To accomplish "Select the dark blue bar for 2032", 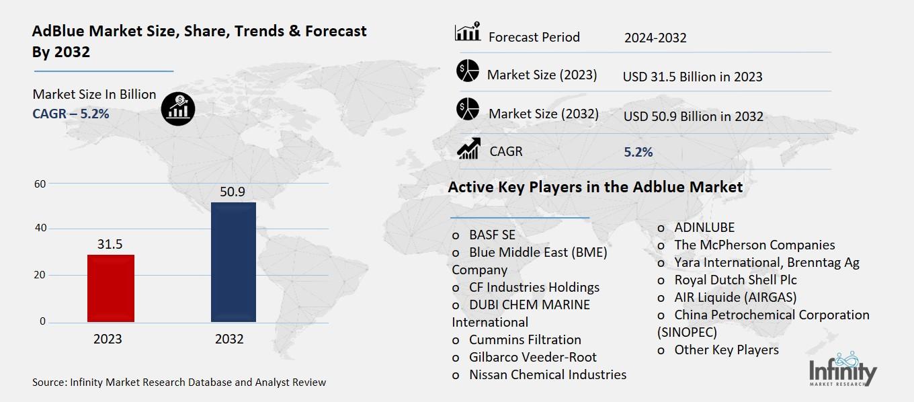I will [x=233, y=262].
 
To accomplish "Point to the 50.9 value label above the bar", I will [x=233, y=192].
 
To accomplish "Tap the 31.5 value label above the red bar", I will [x=110, y=244].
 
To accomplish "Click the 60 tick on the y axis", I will [x=40, y=184].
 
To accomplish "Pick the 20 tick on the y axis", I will [x=40, y=275].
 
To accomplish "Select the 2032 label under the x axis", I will [x=229, y=339].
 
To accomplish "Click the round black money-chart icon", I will [x=178, y=108].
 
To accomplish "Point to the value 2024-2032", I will [x=655, y=38].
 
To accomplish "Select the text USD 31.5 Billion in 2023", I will [x=692, y=77].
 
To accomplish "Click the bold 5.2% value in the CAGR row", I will [x=638, y=152].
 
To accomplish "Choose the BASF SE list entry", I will [x=492, y=235].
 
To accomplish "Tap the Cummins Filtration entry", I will [x=525, y=339].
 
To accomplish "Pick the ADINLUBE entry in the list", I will [x=704, y=227].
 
